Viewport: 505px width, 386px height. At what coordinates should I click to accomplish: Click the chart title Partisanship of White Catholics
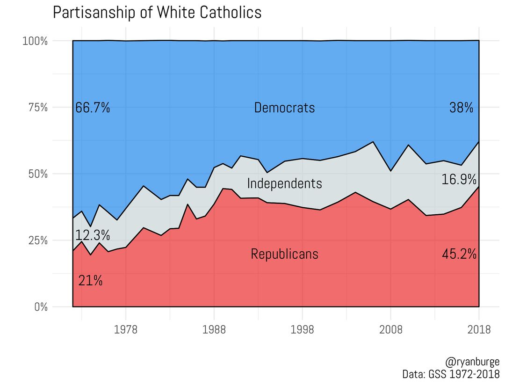[157, 13]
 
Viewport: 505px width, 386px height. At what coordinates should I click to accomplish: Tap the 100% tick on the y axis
[35, 41]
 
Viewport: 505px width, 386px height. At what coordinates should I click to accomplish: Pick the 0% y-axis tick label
[40, 307]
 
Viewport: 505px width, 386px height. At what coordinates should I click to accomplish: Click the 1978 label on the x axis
[126, 330]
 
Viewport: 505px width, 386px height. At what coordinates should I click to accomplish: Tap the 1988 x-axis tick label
[214, 330]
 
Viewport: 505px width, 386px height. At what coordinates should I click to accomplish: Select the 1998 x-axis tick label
[303, 330]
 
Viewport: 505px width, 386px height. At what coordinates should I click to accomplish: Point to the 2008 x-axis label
[391, 330]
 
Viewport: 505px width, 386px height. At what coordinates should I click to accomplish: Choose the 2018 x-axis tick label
[479, 330]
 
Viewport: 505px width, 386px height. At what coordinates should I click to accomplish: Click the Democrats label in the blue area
[284, 108]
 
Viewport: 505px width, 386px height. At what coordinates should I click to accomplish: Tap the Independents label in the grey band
[284, 183]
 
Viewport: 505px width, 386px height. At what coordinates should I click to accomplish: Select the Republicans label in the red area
[284, 254]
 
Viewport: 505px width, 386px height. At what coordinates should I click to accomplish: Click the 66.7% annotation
[93, 108]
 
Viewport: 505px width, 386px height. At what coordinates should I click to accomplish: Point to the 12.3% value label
[93, 235]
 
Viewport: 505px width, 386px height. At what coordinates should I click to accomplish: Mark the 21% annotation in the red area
[90, 281]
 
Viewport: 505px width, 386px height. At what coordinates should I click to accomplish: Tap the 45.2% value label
[459, 254]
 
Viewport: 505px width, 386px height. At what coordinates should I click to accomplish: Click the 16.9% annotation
[459, 179]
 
